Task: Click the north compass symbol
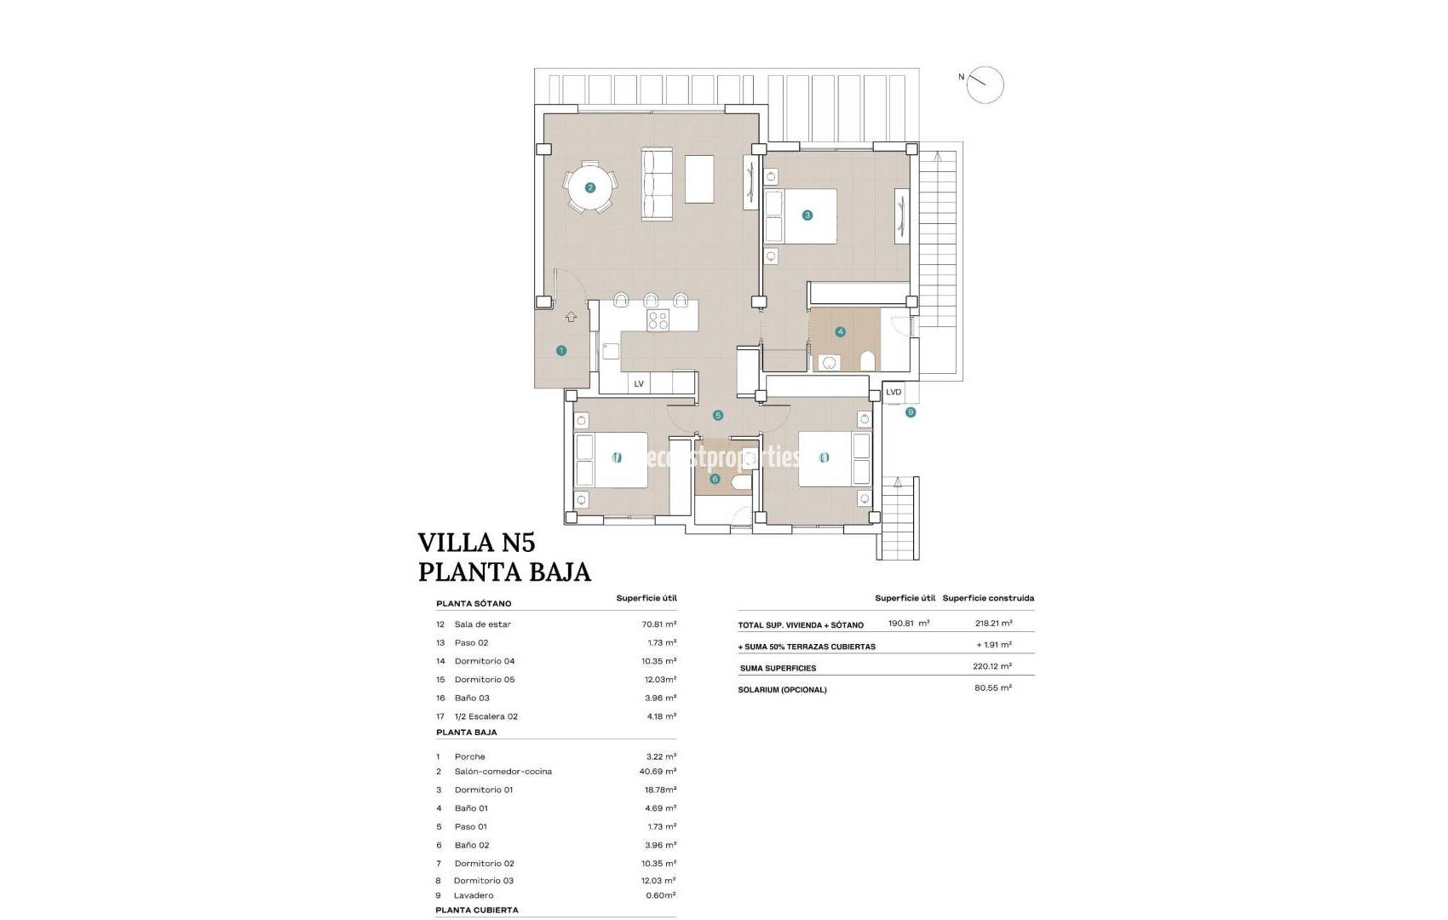(x=985, y=85)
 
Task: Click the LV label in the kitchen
(x=639, y=384)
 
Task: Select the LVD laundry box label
(x=894, y=393)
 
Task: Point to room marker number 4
(x=841, y=332)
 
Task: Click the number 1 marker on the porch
(x=561, y=350)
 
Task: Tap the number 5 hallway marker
(x=718, y=416)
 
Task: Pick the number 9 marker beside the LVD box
(x=911, y=412)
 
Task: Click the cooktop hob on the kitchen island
(x=658, y=320)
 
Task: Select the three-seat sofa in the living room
(x=657, y=184)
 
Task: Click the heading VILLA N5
(x=476, y=543)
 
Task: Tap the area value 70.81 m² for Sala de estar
(x=659, y=624)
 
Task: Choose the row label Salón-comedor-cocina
(x=503, y=772)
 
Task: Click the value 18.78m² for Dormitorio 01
(x=660, y=790)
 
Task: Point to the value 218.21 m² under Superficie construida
(x=994, y=624)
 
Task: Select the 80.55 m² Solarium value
(x=993, y=687)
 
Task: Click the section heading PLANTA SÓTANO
(x=474, y=604)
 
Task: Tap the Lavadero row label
(x=474, y=895)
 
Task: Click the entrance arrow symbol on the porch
(x=571, y=317)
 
